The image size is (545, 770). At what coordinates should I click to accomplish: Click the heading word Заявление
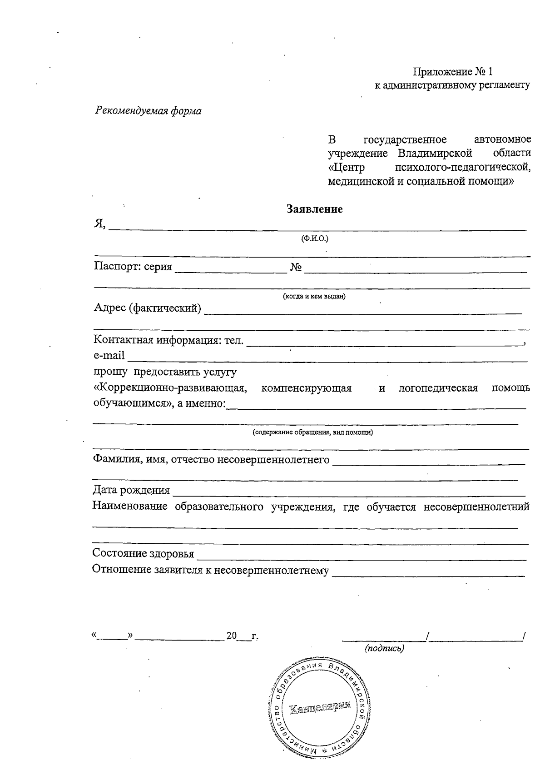pos(314,209)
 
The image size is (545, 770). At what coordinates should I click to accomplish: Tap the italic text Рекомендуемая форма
pos(149,111)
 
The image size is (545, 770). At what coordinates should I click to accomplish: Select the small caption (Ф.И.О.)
pos(314,239)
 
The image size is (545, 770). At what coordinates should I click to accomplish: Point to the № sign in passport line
pos(296,267)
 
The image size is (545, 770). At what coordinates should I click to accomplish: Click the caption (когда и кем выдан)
pos(314,296)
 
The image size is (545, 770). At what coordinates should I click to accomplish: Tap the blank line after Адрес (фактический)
pos(363,311)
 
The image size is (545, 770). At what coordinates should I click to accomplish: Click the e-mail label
pos(109,356)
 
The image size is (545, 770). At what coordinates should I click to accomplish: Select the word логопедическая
pos(438,388)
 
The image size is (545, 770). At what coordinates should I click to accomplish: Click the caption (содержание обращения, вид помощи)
pos(313,432)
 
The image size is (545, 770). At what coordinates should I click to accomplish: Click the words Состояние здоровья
pos(143,553)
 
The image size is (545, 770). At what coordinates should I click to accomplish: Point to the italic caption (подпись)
pos(384,648)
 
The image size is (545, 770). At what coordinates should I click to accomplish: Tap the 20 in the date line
pos(232,636)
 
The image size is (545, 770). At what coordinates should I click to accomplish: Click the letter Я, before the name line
pos(99,224)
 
